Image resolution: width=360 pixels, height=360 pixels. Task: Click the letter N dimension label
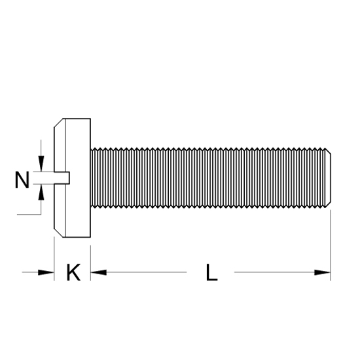tap(22, 180)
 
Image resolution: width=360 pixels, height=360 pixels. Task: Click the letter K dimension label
tap(73, 272)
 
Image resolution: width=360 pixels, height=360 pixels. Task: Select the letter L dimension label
tap(211, 272)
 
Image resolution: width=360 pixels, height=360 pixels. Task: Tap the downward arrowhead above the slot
tap(41, 163)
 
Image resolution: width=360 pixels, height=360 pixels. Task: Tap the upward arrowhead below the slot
tap(41, 192)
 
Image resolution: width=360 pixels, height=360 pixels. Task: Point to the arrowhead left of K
tap(46, 272)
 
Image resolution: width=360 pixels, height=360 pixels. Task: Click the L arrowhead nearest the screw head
tap(98, 272)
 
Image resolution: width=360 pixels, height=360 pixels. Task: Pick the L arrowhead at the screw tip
tap(322, 272)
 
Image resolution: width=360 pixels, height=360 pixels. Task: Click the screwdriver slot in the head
tap(62, 178)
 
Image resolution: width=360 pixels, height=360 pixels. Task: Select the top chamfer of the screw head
tap(58, 123)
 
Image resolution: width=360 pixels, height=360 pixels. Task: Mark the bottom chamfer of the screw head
tap(58, 233)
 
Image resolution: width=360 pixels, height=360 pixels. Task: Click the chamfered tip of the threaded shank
tap(329, 178)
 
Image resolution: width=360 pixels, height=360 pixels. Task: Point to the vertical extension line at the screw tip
tap(331, 245)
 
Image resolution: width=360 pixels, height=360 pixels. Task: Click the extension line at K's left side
tap(54, 259)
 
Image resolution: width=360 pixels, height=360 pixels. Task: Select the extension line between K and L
tap(90, 263)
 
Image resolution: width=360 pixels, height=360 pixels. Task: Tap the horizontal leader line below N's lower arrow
tap(29, 215)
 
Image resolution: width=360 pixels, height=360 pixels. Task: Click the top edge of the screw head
tap(77, 118)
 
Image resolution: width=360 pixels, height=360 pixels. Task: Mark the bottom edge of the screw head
tap(77, 237)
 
